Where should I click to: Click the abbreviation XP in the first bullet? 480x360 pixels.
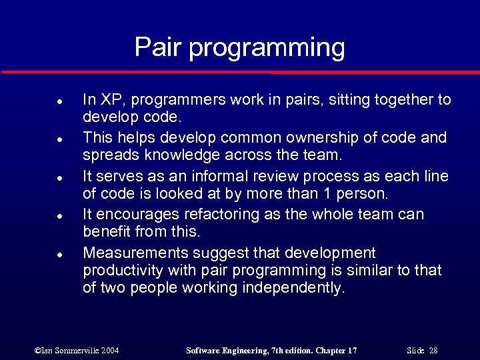[x=107, y=100]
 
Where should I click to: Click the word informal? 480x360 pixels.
[x=223, y=177]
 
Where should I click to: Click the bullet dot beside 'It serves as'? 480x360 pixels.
[x=59, y=179]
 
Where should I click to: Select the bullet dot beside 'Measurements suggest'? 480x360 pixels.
[x=59, y=255]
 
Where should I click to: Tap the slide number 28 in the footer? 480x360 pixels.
[x=433, y=350]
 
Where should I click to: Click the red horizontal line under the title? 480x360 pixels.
[x=240, y=72]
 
